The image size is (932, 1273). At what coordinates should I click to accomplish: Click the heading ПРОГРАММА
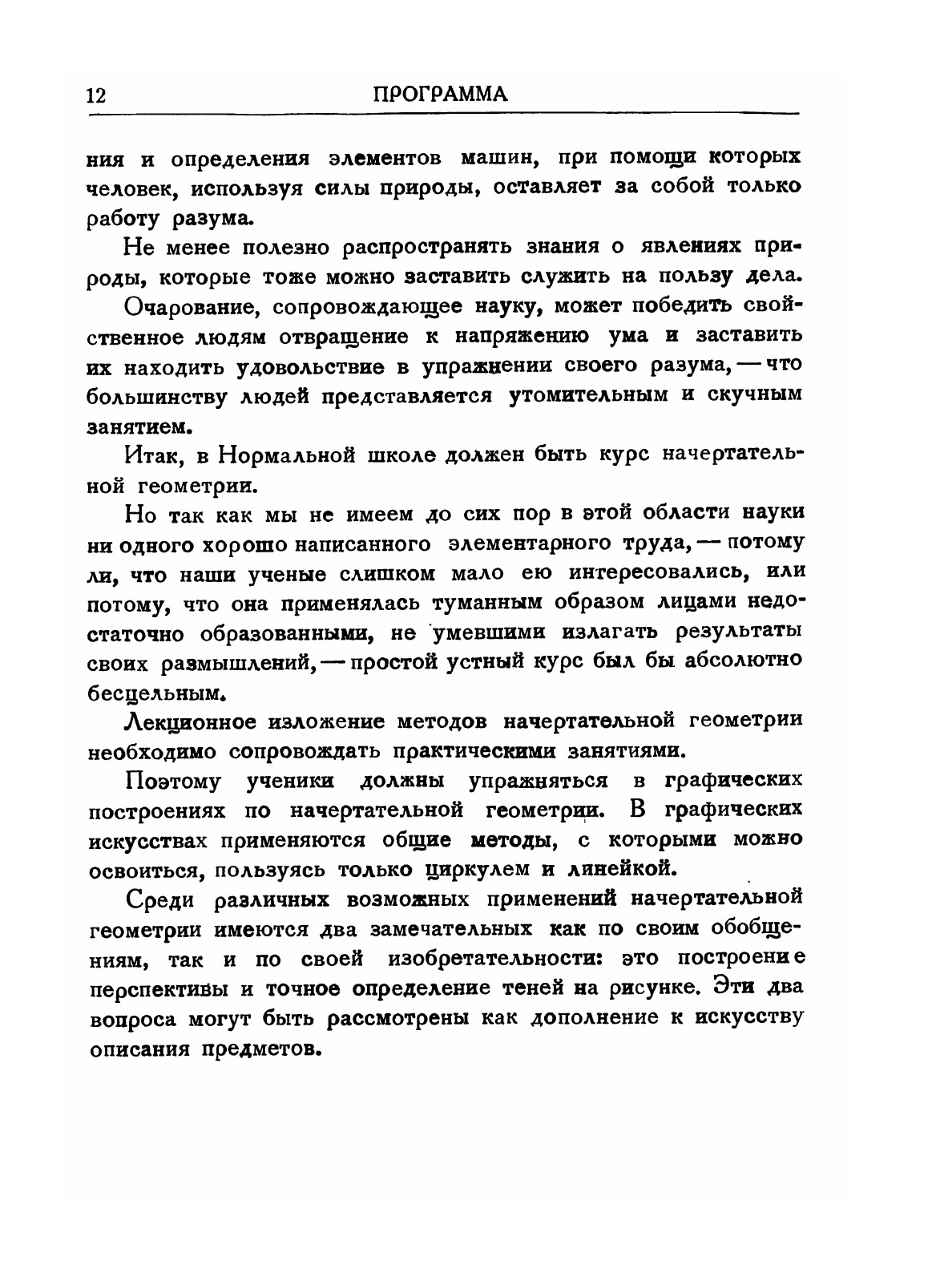pos(442,94)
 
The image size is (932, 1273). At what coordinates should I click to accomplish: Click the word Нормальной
pos(287,456)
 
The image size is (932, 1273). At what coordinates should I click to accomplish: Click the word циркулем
pos(470,869)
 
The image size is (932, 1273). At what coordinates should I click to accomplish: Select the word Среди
pos(159,899)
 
